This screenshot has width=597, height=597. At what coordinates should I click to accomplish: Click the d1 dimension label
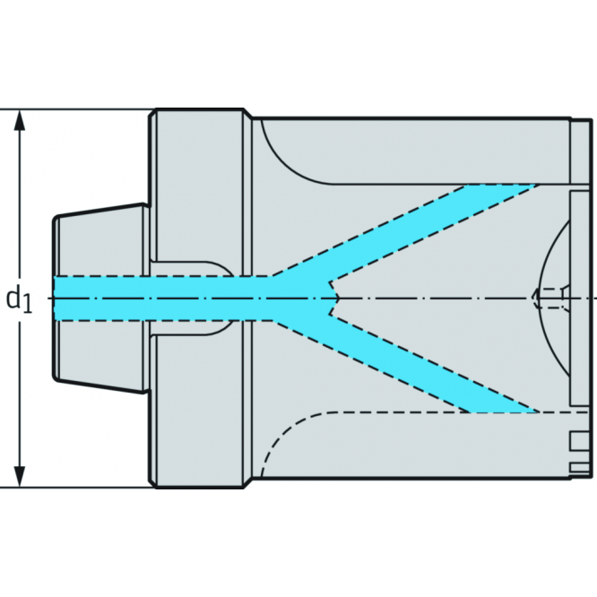click(19, 298)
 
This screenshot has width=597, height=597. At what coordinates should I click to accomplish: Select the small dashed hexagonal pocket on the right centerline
click(549, 297)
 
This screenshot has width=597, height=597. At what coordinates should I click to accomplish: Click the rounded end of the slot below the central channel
click(224, 328)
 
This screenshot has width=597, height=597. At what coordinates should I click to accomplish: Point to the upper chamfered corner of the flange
click(154, 115)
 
